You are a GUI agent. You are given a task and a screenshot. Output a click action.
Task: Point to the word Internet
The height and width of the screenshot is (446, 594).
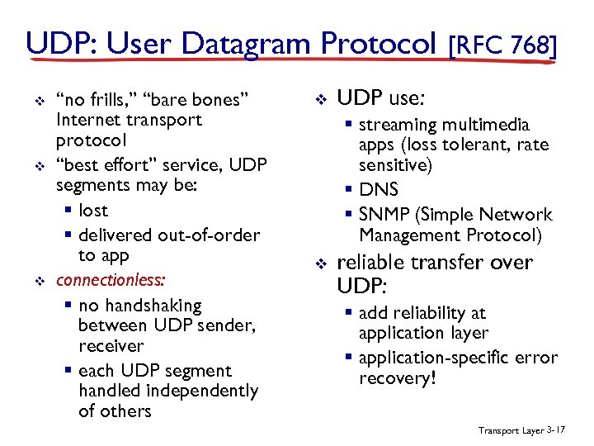pyautogui.click(x=87, y=120)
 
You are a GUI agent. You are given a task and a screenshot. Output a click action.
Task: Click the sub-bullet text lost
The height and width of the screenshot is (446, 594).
pyautogui.click(x=93, y=210)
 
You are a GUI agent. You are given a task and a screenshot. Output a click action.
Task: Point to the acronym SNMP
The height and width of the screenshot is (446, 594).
pyautogui.click(x=385, y=216)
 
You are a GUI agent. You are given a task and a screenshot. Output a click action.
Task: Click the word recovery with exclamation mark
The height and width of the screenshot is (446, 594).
pyautogui.click(x=396, y=378)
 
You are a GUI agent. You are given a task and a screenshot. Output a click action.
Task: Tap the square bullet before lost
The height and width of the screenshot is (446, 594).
pyautogui.click(x=68, y=211)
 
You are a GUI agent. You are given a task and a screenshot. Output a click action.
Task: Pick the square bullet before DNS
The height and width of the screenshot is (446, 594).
pyautogui.click(x=349, y=191)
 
